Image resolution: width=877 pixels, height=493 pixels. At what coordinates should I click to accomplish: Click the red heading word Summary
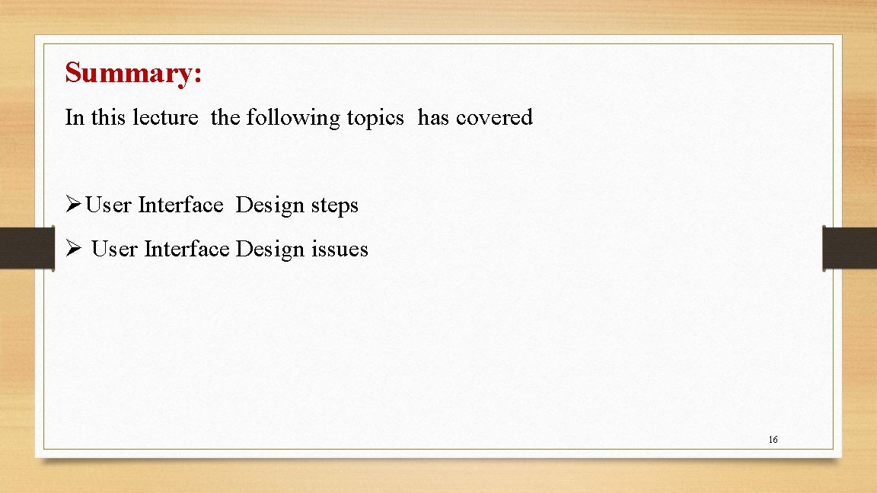133,73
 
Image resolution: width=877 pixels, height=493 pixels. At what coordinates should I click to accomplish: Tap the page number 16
773,440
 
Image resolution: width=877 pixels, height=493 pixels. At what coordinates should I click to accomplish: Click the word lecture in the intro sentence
165,117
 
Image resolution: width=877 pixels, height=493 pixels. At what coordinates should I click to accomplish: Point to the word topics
375,118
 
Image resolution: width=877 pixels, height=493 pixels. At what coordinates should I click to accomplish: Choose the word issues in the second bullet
340,249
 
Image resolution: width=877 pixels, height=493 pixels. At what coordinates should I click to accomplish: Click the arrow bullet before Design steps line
73,205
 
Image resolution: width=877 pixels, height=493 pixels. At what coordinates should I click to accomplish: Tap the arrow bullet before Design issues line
73,249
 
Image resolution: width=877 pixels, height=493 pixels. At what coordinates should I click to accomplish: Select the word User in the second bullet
114,249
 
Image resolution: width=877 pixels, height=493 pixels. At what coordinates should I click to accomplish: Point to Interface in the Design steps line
180,205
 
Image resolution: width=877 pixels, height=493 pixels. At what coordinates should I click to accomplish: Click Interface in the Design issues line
187,249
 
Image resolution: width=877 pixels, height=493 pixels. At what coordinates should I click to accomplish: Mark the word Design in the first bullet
270,205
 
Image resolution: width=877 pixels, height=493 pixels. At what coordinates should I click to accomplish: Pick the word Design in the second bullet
270,250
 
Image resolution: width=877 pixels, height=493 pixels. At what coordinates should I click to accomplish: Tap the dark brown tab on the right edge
850,248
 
